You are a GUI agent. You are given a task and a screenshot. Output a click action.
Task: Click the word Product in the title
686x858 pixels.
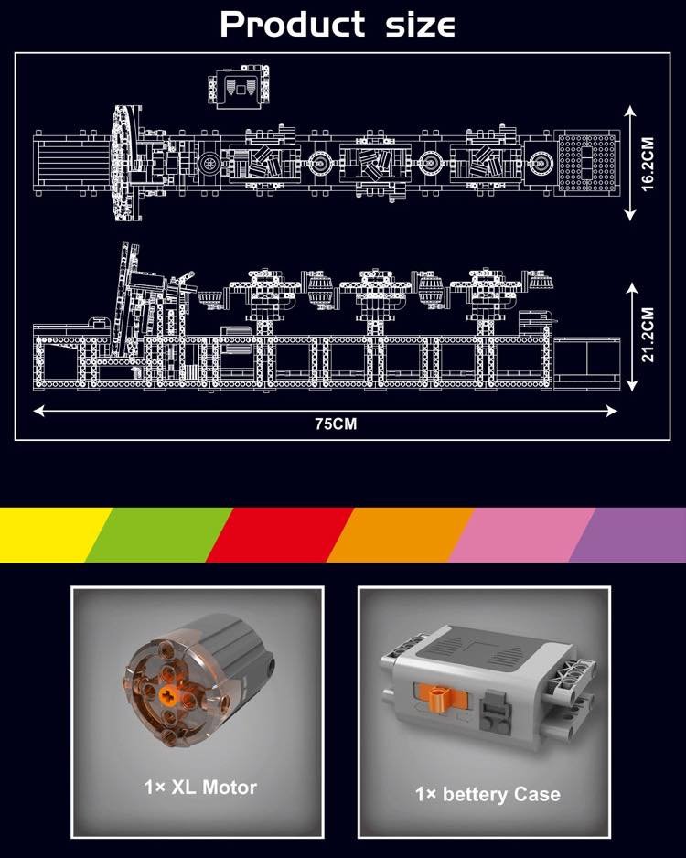292,25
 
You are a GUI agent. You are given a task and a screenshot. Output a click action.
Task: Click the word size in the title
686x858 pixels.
420,26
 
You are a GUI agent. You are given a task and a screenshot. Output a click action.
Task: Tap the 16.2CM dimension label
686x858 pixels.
648,164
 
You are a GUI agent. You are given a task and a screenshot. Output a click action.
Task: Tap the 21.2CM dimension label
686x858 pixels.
648,335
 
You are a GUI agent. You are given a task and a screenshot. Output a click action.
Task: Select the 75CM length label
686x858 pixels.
336,424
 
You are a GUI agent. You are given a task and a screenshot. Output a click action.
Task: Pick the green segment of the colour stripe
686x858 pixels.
159,534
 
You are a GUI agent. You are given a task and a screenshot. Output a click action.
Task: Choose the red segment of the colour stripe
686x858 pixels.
280,534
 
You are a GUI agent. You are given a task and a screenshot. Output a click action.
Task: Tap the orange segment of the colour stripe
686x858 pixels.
400,534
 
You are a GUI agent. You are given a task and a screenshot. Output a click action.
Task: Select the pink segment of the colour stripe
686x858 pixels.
521,534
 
